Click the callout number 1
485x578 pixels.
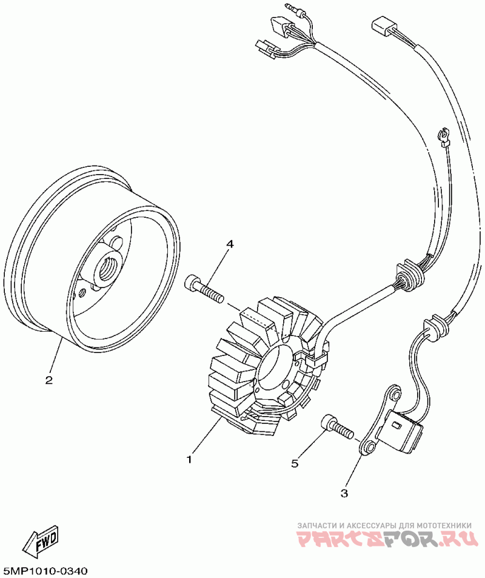coord(189,459)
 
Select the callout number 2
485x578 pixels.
coord(48,381)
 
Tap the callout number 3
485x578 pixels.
coord(344,493)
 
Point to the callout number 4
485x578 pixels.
coord(230,244)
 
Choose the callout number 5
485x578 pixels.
coord(295,463)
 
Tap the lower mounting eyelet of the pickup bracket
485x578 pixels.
coord(368,448)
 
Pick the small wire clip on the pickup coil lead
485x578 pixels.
coord(443,136)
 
